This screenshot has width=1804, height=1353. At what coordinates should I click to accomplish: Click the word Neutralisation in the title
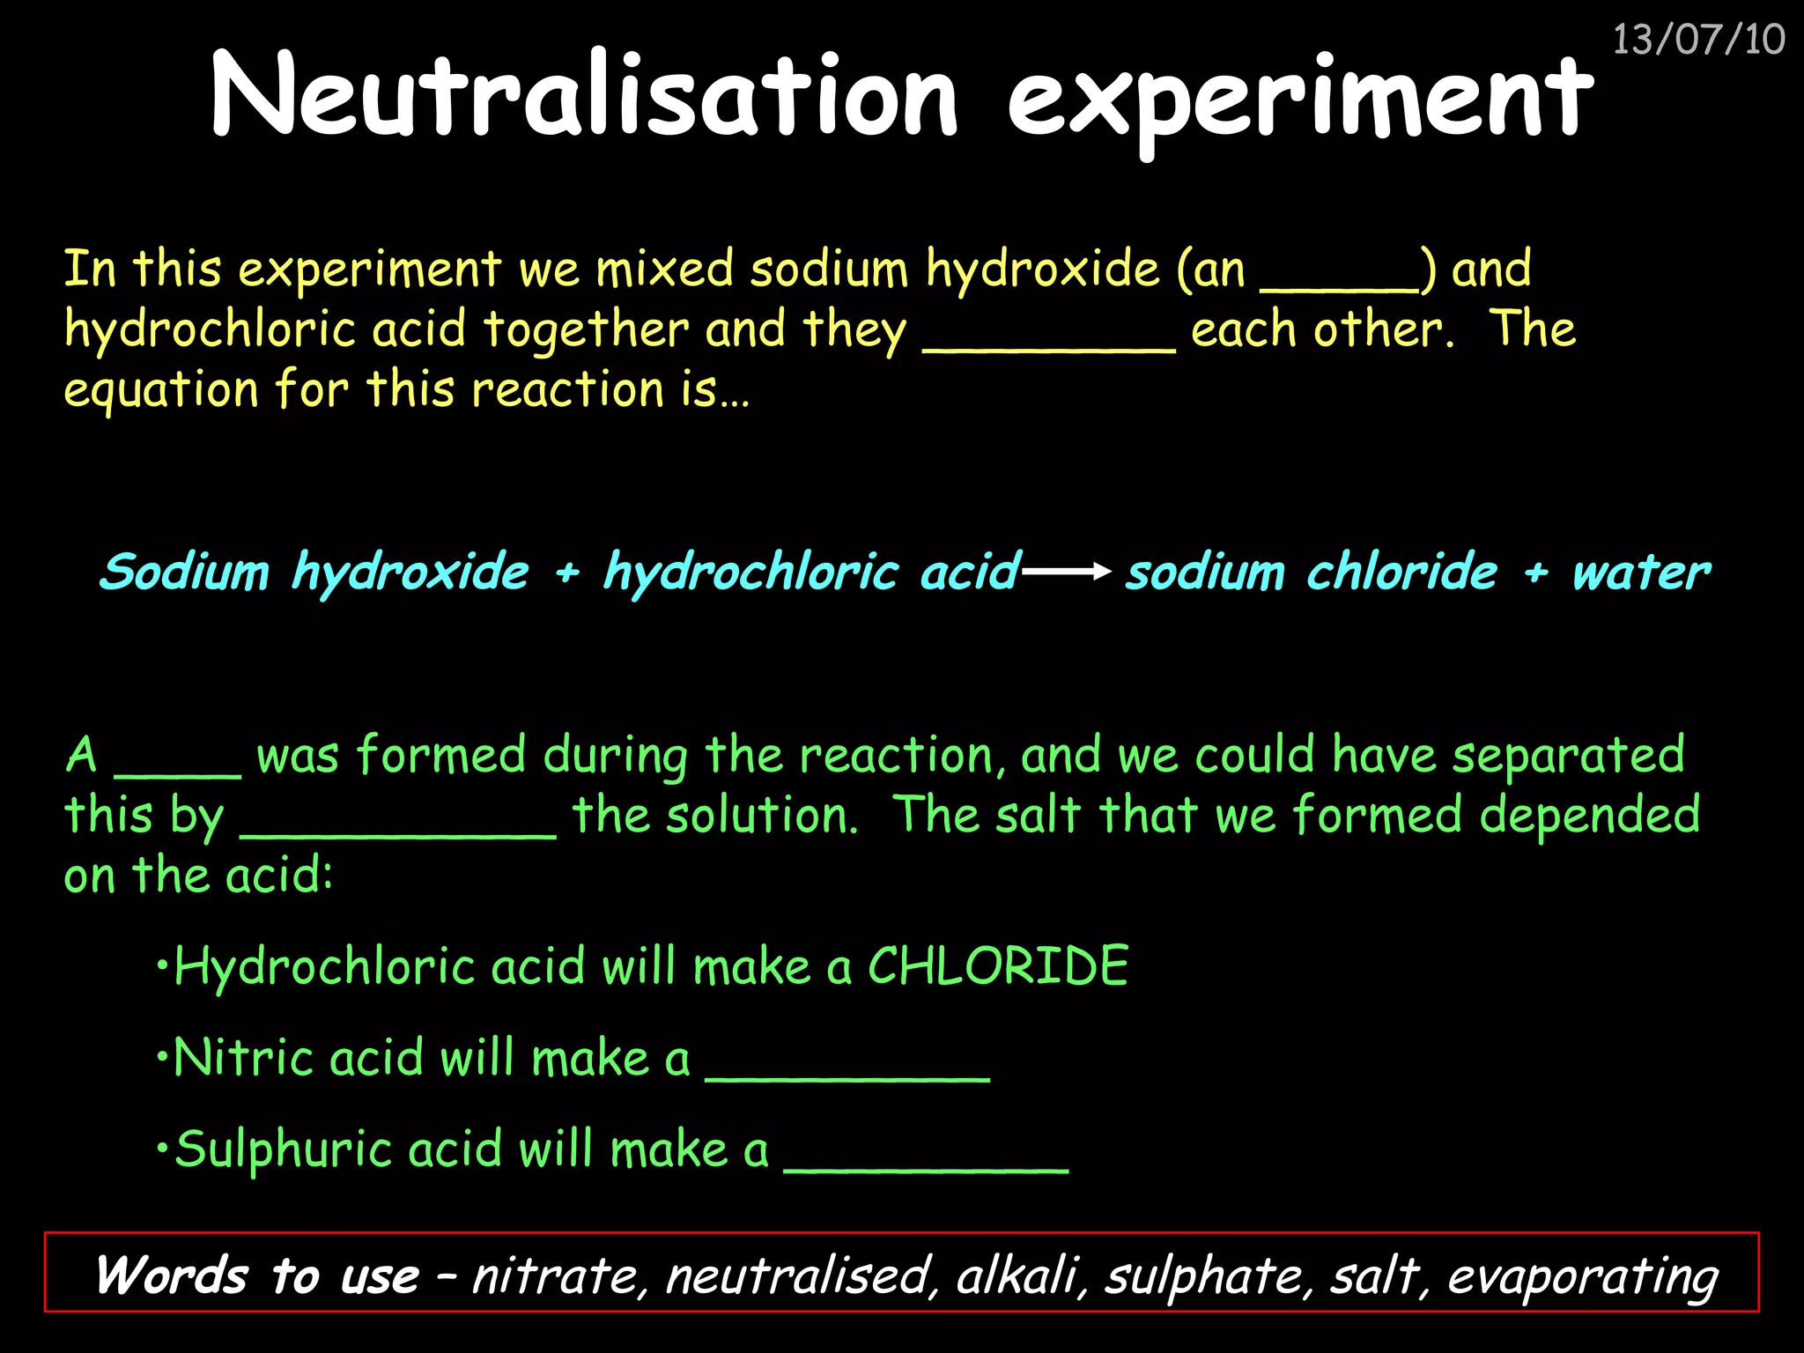(584, 95)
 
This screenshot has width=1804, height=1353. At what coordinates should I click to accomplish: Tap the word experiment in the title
(1300, 97)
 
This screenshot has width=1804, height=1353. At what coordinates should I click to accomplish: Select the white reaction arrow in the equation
(1066, 573)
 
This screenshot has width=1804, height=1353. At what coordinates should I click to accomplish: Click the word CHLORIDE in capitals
(998, 966)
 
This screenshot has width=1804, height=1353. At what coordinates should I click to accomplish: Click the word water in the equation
(1641, 573)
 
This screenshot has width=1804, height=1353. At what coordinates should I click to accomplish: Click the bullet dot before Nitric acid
(161, 1055)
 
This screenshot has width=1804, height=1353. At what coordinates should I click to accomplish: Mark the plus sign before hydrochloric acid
(567, 573)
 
